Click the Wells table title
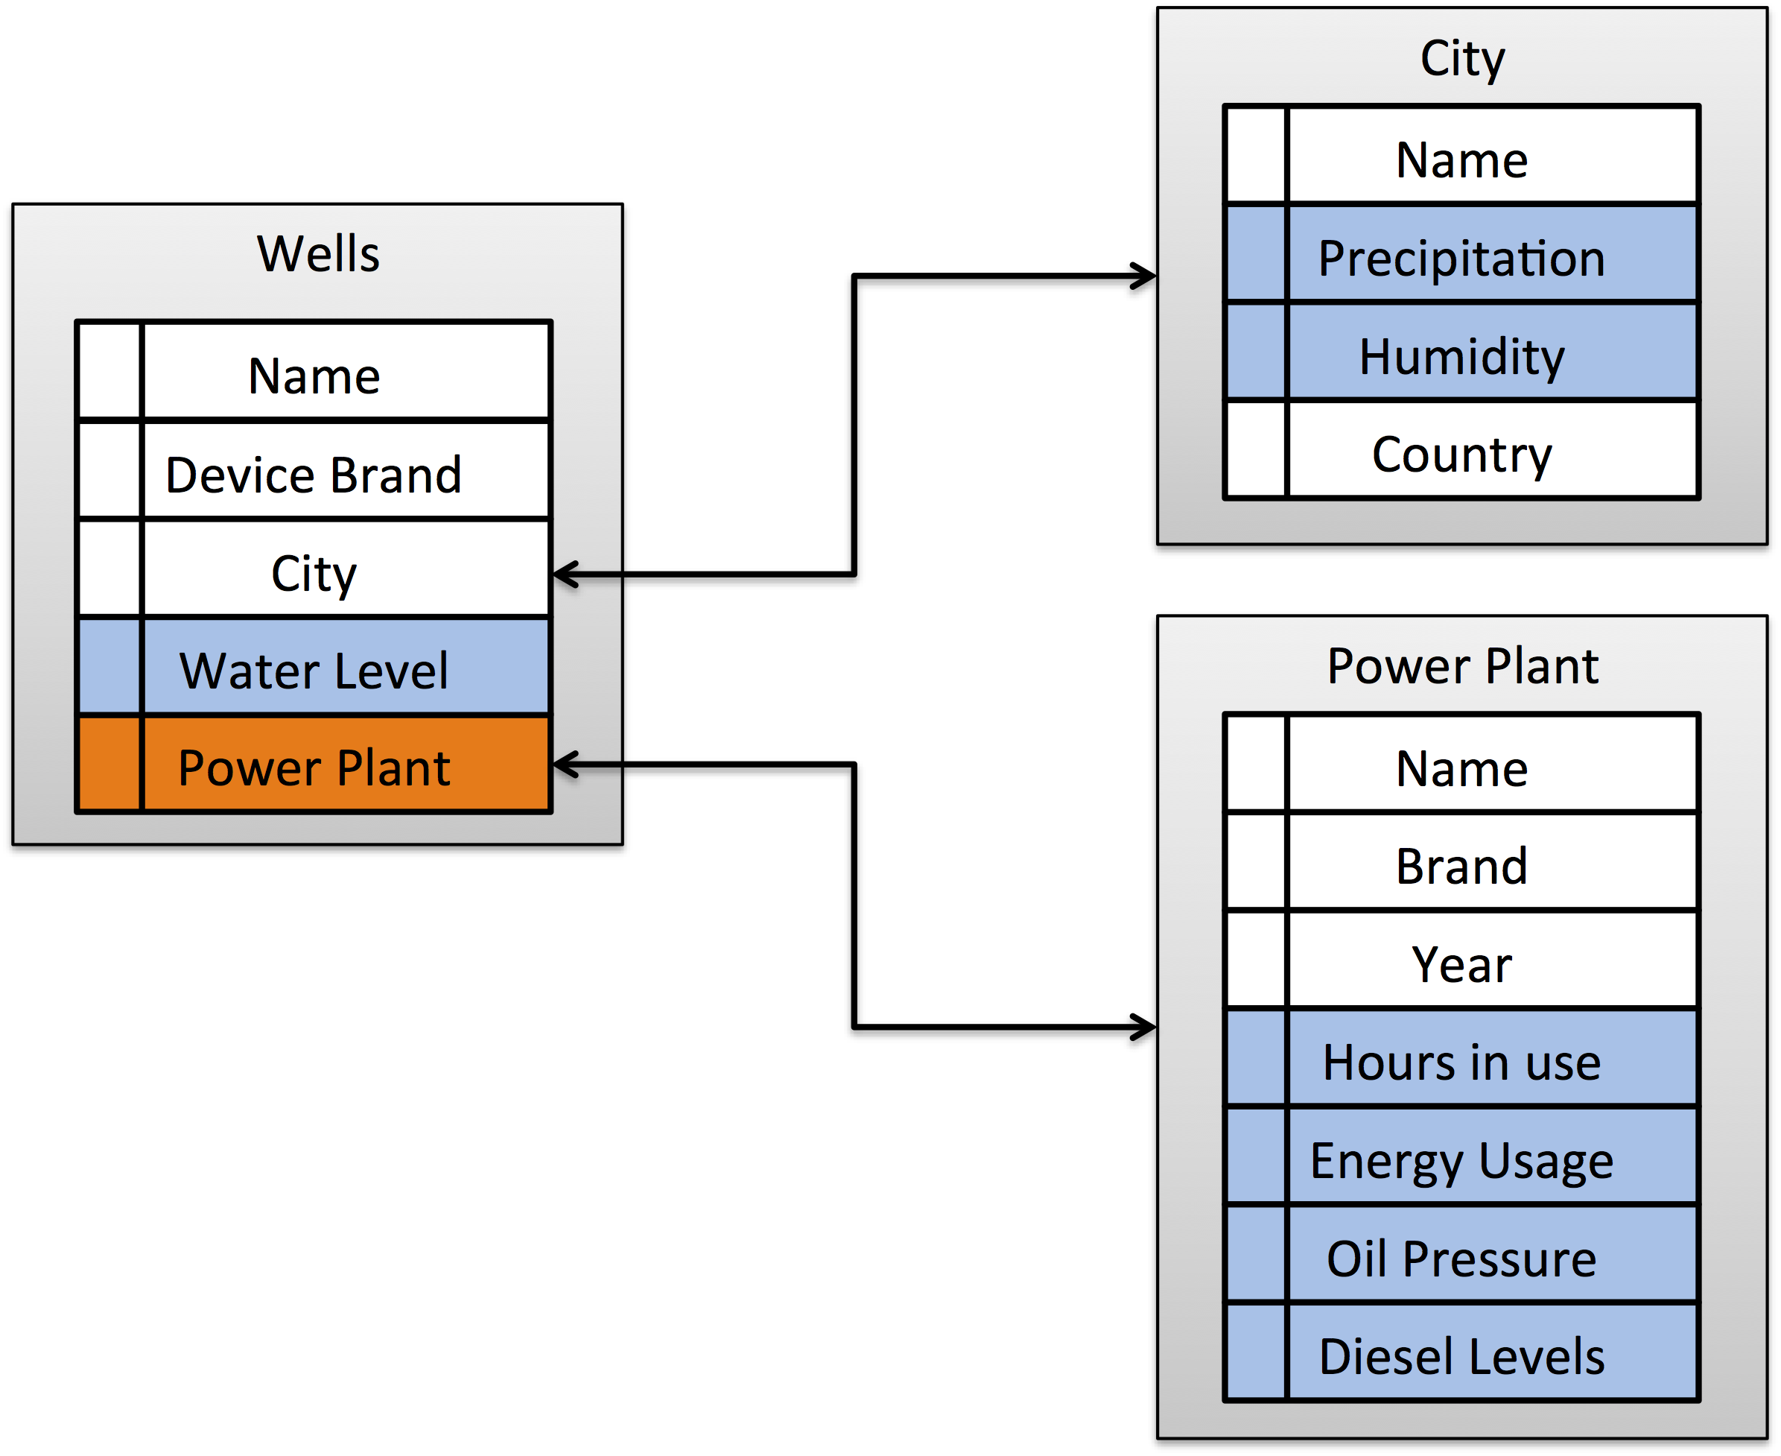pyautogui.click(x=318, y=253)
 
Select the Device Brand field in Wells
pyautogui.click(x=314, y=475)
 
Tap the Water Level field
pyautogui.click(x=314, y=671)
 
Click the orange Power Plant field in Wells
pyautogui.click(x=314, y=768)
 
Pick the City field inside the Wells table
pyautogui.click(x=314, y=575)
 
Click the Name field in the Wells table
pyautogui.click(x=314, y=376)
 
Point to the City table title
pyautogui.click(x=1462, y=59)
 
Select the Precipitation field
pyautogui.click(x=1461, y=259)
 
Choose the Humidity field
pyautogui.click(x=1461, y=357)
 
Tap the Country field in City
pyautogui.click(x=1461, y=455)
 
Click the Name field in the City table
pyautogui.click(x=1461, y=160)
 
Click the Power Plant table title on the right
pyautogui.click(x=1462, y=667)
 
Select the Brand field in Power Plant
pyautogui.click(x=1461, y=867)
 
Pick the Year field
pyautogui.click(x=1461, y=964)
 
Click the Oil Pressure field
pyautogui.click(x=1461, y=1259)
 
